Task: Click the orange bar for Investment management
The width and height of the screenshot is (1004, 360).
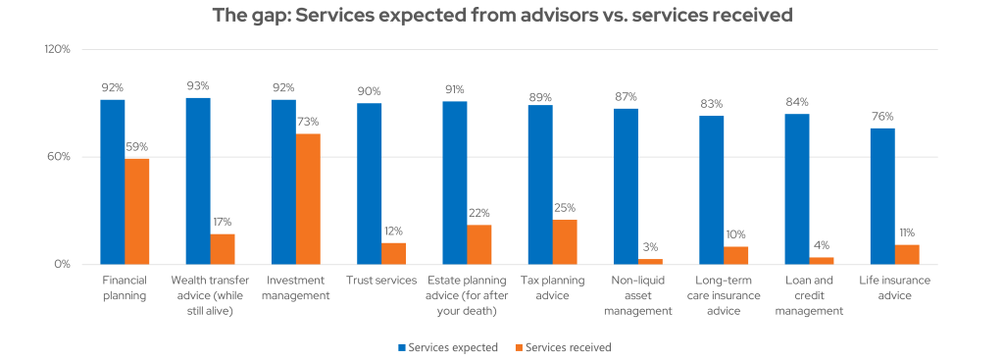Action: click(308, 199)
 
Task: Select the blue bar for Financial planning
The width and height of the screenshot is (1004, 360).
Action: click(113, 181)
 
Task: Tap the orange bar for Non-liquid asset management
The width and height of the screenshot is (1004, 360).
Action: click(650, 261)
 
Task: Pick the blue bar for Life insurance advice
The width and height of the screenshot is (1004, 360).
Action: click(882, 196)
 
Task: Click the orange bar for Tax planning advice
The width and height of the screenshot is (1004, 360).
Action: click(565, 241)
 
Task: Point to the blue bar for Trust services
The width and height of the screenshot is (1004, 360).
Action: click(370, 183)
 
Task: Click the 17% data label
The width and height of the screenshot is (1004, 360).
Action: click(223, 222)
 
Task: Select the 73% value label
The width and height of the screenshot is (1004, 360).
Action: click(308, 122)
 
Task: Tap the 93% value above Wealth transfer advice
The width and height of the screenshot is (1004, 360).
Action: click(198, 85)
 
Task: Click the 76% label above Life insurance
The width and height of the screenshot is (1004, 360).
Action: click(882, 116)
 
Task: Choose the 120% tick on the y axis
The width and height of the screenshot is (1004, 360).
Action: click(58, 49)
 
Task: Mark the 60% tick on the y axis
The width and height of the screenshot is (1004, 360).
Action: click(60, 157)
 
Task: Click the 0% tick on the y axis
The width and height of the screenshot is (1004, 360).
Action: click(63, 264)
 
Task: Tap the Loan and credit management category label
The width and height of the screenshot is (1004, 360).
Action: click(809, 295)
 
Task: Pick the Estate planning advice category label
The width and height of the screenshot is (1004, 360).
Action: click(467, 295)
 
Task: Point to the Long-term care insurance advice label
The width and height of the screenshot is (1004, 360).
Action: click(724, 295)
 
